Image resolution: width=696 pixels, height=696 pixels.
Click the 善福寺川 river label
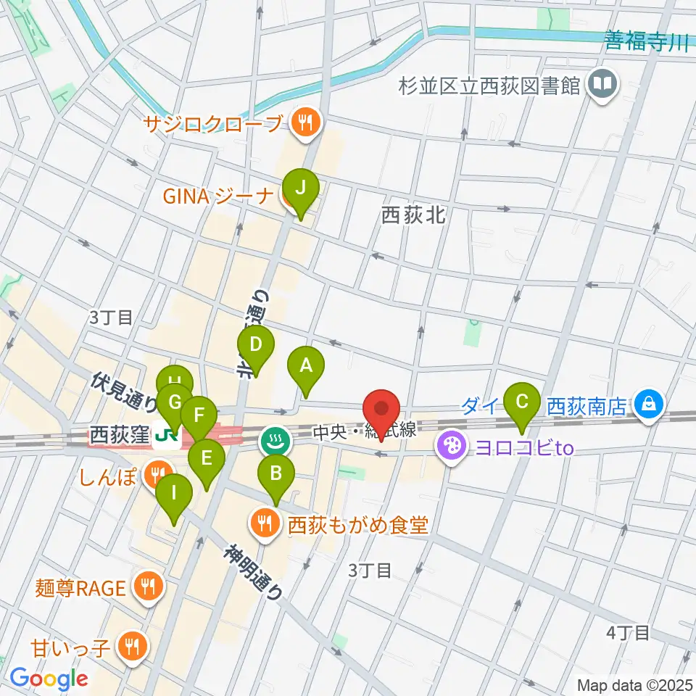[647, 43]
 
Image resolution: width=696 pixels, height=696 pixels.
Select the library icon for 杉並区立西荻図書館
[602, 85]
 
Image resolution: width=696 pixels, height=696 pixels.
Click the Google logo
[49, 679]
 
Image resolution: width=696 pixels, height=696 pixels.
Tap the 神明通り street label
[253, 571]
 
